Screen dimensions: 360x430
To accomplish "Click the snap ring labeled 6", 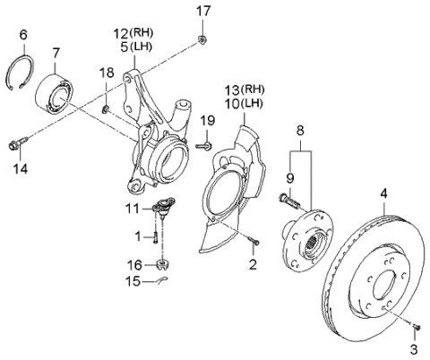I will [25, 70].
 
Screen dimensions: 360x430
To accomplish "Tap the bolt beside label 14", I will [17, 142].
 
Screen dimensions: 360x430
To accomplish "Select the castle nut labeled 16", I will [162, 264].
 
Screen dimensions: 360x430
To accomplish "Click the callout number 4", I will [383, 193].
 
